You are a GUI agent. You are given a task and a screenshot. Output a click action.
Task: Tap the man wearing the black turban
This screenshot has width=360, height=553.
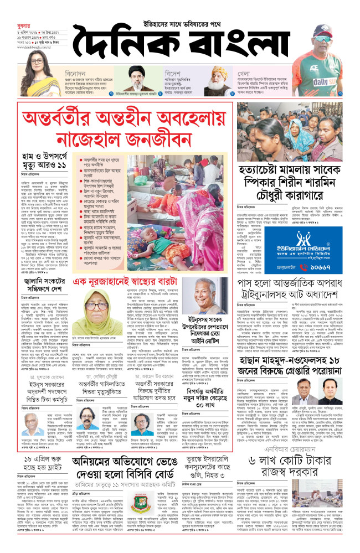tap(136, 81)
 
